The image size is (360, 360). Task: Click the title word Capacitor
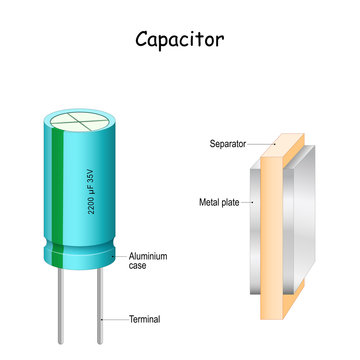pos(180,41)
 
